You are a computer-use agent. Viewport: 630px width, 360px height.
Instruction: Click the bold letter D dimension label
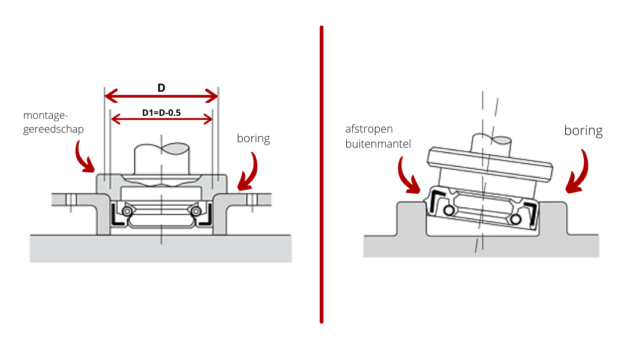point(161,88)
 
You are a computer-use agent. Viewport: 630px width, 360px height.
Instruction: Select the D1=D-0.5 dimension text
point(161,112)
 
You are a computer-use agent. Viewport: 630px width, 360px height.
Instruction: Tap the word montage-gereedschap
point(53,122)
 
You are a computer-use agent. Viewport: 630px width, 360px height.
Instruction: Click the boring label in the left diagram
point(254,139)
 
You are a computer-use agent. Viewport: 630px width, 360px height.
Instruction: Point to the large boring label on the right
point(583,130)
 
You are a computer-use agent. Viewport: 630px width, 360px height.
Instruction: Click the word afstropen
point(369,129)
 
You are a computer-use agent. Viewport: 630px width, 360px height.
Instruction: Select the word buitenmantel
point(378,144)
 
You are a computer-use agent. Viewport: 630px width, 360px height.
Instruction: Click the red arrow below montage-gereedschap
point(85,157)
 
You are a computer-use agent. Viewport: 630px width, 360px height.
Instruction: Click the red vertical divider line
point(322,174)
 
